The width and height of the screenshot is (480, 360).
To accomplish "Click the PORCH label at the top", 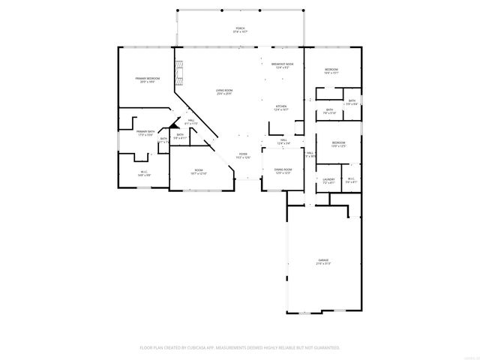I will (x=240, y=28).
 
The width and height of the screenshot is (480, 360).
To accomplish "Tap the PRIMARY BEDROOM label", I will (x=146, y=78).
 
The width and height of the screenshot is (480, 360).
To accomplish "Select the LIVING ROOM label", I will (x=223, y=90).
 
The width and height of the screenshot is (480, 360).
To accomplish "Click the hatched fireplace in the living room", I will (x=178, y=73).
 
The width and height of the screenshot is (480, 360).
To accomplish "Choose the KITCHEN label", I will (x=281, y=107).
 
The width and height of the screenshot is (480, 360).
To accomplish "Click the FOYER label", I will (x=242, y=154).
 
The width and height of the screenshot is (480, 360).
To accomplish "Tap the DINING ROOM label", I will (x=283, y=169).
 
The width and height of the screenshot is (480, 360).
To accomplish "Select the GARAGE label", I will (x=322, y=260).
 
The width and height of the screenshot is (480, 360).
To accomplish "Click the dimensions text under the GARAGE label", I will (x=322, y=264).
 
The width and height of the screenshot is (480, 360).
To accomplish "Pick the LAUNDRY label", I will (x=328, y=179).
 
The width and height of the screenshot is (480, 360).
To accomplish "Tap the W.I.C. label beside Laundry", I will (x=351, y=178).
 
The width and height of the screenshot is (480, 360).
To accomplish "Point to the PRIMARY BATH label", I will (x=145, y=131).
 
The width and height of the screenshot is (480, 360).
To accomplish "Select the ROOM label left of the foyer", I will (x=199, y=170).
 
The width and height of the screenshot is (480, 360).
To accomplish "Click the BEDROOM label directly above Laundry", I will (x=339, y=142).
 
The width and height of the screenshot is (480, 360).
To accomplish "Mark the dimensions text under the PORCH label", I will (x=240, y=32).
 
